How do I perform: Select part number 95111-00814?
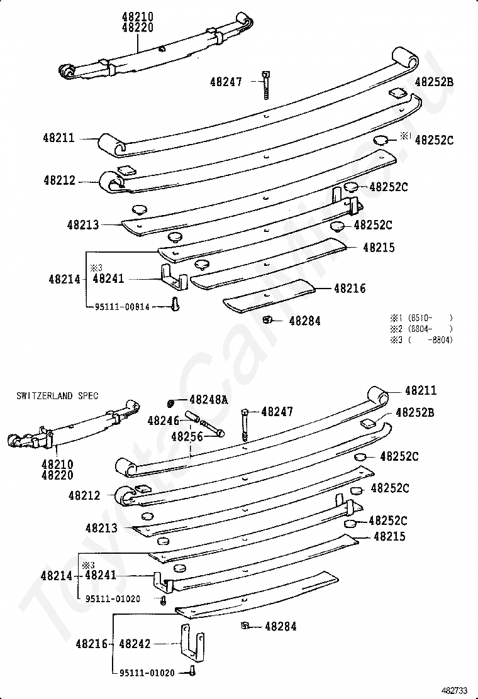point(123,307)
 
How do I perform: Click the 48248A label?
point(209,399)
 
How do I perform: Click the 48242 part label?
point(135,644)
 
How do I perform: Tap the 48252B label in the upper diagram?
point(434,82)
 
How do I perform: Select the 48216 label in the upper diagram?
point(350,289)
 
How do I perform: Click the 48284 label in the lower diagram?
point(281,626)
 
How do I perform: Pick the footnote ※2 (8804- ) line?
point(421,329)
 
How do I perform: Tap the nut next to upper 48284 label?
point(267,320)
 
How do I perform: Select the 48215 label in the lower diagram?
point(389,537)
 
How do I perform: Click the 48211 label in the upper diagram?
point(59,138)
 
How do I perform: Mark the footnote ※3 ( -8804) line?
point(421,340)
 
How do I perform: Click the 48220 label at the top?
point(138,28)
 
